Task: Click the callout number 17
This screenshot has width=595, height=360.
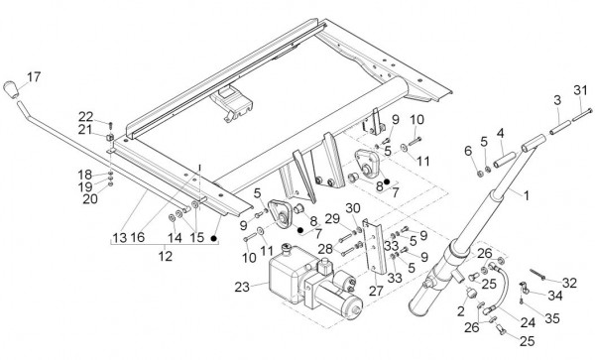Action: pos(34,77)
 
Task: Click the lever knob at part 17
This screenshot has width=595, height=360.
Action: pos(10,89)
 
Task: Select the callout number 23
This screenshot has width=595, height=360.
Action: pos(242,288)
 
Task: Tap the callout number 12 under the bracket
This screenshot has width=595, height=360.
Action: pos(165,256)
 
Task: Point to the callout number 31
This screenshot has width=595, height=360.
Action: pos(580,90)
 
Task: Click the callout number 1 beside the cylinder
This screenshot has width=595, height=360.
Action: pos(527,195)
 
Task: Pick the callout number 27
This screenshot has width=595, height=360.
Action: pos(376,291)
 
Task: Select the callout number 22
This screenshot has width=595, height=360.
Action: pos(85,117)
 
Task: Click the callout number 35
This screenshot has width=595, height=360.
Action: pos(552,318)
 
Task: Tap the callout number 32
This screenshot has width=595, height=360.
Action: pos(569,283)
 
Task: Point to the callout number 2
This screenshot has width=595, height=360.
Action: pos(461,311)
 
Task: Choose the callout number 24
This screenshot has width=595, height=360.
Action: pos(528,323)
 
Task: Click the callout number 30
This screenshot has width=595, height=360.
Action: pos(353,208)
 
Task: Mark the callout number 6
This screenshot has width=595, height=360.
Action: pos(468,151)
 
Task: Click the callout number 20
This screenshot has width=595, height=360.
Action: pos(90,198)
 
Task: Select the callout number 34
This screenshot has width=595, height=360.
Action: pos(554,296)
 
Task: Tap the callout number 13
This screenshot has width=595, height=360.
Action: pos(120,238)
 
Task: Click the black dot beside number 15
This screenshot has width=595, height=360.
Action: pos(213,239)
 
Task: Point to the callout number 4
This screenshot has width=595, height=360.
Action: pos(501,133)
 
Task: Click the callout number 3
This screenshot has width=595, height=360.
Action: pos(557,100)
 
